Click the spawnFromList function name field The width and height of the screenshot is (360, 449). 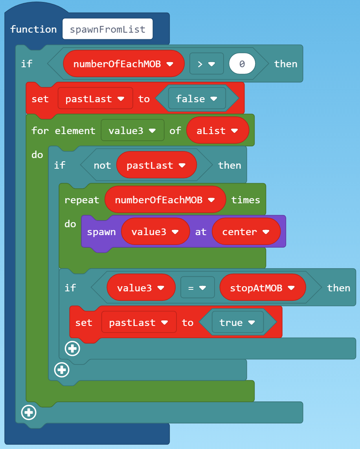click(x=107, y=29)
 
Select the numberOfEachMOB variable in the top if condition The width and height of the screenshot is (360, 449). click(x=123, y=64)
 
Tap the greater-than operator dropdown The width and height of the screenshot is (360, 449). click(x=206, y=64)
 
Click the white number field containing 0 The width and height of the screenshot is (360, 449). click(x=242, y=64)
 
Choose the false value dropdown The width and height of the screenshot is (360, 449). click(x=197, y=99)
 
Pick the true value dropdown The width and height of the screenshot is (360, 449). click(x=237, y=322)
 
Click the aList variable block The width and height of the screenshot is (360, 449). click(x=217, y=131)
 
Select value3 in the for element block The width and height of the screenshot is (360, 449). click(x=132, y=131)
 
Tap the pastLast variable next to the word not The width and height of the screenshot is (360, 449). click(x=156, y=165)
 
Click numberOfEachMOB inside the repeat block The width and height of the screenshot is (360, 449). click(x=165, y=200)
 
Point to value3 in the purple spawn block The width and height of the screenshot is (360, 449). click(x=155, y=232)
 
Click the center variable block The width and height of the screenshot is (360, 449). click(x=246, y=232)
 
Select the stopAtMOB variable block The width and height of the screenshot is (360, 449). click(x=263, y=288)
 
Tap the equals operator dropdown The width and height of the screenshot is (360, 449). click(x=197, y=288)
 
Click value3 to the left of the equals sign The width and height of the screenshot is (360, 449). click(x=141, y=288)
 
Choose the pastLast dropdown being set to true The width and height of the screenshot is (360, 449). click(x=139, y=322)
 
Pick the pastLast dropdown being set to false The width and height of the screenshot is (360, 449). click(x=95, y=99)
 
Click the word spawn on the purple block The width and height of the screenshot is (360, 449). click(x=101, y=232)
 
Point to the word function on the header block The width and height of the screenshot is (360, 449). click(x=33, y=29)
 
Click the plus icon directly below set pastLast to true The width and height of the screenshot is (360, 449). click(x=72, y=348)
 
